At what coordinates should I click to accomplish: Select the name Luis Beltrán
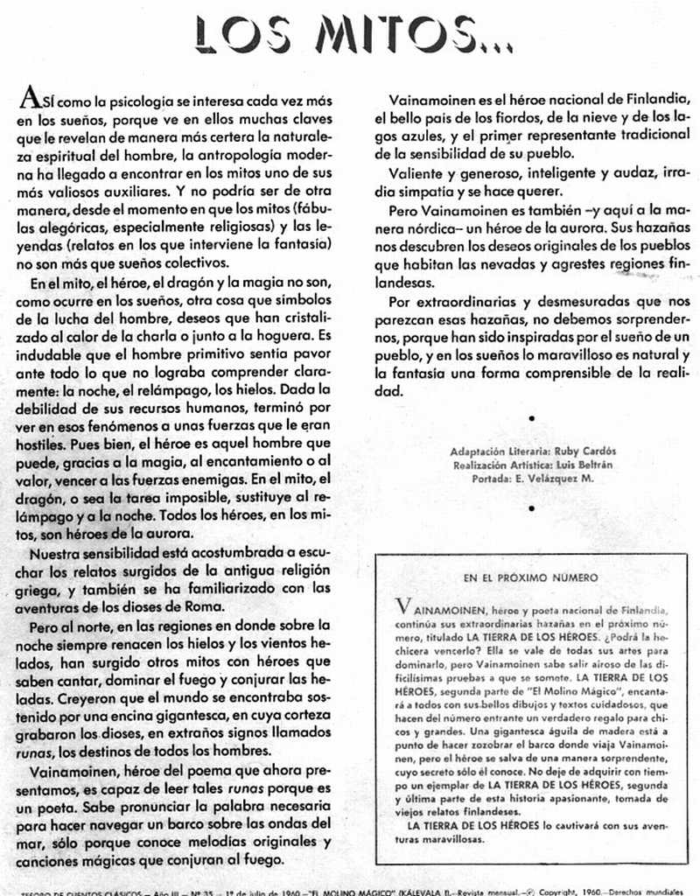tap(587, 465)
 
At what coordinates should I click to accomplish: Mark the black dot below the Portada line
tap(531, 507)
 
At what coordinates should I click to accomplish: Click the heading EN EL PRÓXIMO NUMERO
tap(531, 577)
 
